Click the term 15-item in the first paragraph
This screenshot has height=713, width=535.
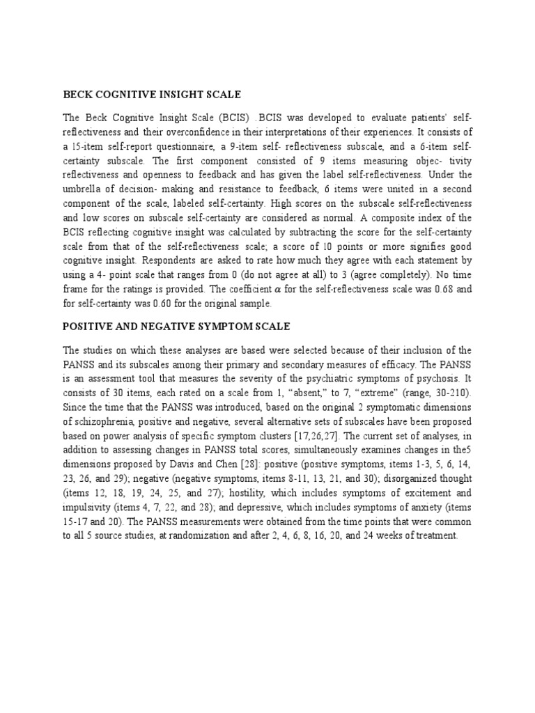91,145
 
